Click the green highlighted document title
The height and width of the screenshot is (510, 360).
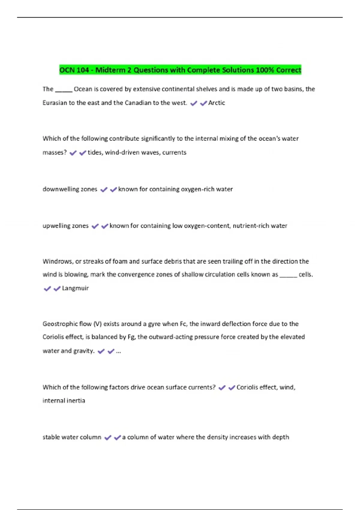pos(180,70)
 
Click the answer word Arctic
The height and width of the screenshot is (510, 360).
pos(217,103)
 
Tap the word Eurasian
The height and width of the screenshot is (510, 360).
pos(55,103)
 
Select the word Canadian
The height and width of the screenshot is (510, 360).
pos(138,103)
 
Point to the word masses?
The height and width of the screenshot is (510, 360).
pos(55,153)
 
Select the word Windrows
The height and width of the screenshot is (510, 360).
pos(57,261)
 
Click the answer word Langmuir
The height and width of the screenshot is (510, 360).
pos(75,288)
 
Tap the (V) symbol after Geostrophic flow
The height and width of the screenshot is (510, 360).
pos(97,324)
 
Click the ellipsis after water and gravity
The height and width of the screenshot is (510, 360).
pos(118,351)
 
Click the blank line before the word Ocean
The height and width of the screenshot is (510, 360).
pos(64,90)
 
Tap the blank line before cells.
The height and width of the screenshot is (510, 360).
pos(288,276)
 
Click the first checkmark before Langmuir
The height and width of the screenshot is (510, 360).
pos(47,289)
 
